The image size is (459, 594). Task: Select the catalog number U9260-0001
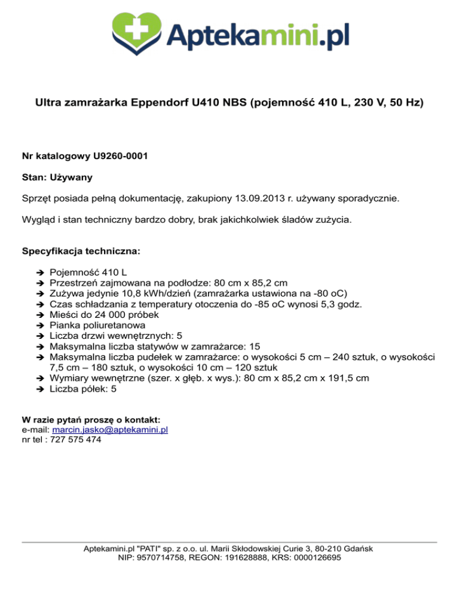[x=121, y=157]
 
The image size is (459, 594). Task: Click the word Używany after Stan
[x=70, y=177]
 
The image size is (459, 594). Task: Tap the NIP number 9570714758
[x=162, y=558]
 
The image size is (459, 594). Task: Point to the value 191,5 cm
[x=349, y=378]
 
